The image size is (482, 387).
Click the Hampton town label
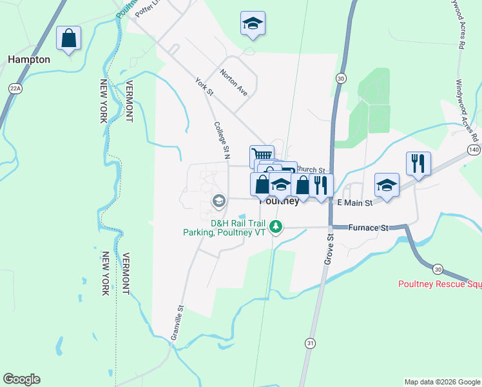point(29,59)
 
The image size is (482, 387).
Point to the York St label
point(204,87)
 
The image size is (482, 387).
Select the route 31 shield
point(311,343)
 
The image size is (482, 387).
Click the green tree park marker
point(276,226)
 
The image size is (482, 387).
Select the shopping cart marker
point(262,156)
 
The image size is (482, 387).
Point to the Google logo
point(21,379)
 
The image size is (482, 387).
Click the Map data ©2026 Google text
point(443,382)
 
